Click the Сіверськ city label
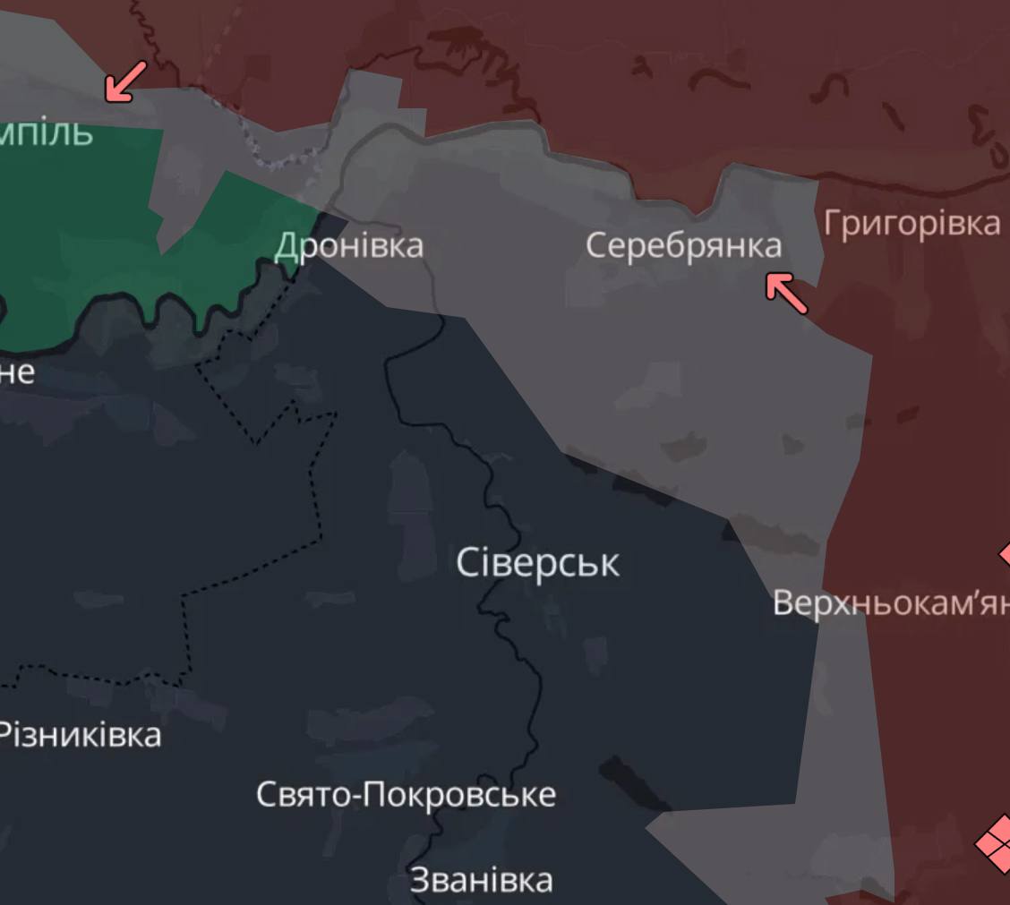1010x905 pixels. tap(537, 563)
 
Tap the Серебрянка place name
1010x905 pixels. tap(683, 245)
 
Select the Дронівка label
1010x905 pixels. tap(348, 245)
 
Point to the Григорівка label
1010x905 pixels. tap(912, 223)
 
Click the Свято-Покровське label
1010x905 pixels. tap(406, 794)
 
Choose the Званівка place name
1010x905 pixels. tap(481, 880)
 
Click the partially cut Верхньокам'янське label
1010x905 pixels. tap(890, 603)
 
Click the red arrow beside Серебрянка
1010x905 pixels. tap(787, 294)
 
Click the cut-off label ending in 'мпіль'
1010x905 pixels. tap(45, 132)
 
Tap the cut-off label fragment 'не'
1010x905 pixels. tap(16, 371)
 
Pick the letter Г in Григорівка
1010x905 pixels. tap(833, 223)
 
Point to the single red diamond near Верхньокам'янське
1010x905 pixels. tap(1005, 554)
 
